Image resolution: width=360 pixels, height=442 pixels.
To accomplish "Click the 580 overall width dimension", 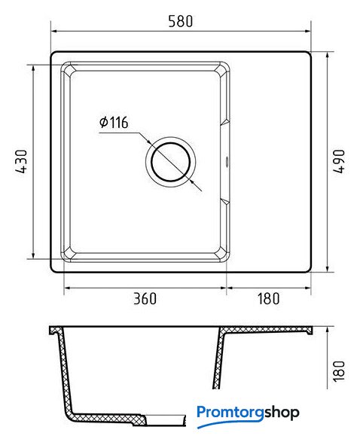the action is point(181,21).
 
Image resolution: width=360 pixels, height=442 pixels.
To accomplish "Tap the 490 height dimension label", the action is point(339,162).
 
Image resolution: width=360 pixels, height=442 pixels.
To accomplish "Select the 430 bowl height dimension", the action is point(21,162).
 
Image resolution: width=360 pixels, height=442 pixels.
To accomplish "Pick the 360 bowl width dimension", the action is point(145,298).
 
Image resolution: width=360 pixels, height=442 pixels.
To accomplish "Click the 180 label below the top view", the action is point(269,298).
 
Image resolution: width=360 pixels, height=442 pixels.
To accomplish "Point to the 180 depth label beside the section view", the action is point(339,371).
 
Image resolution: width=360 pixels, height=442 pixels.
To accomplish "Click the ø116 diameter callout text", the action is point(114,122).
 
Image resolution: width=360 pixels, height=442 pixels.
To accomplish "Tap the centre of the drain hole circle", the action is point(170,162).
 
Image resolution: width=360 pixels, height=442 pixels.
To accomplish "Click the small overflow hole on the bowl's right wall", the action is point(227,162).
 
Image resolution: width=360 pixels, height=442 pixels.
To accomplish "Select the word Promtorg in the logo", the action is point(230,413).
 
